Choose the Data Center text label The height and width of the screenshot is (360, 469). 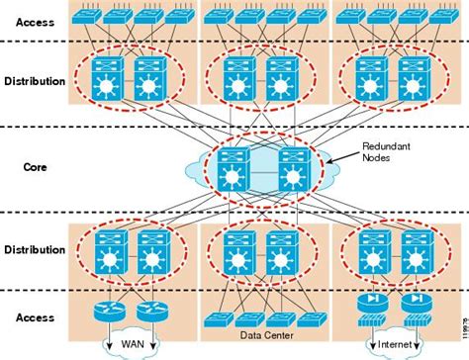click(262, 335)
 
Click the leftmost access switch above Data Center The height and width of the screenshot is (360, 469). click(217, 317)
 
